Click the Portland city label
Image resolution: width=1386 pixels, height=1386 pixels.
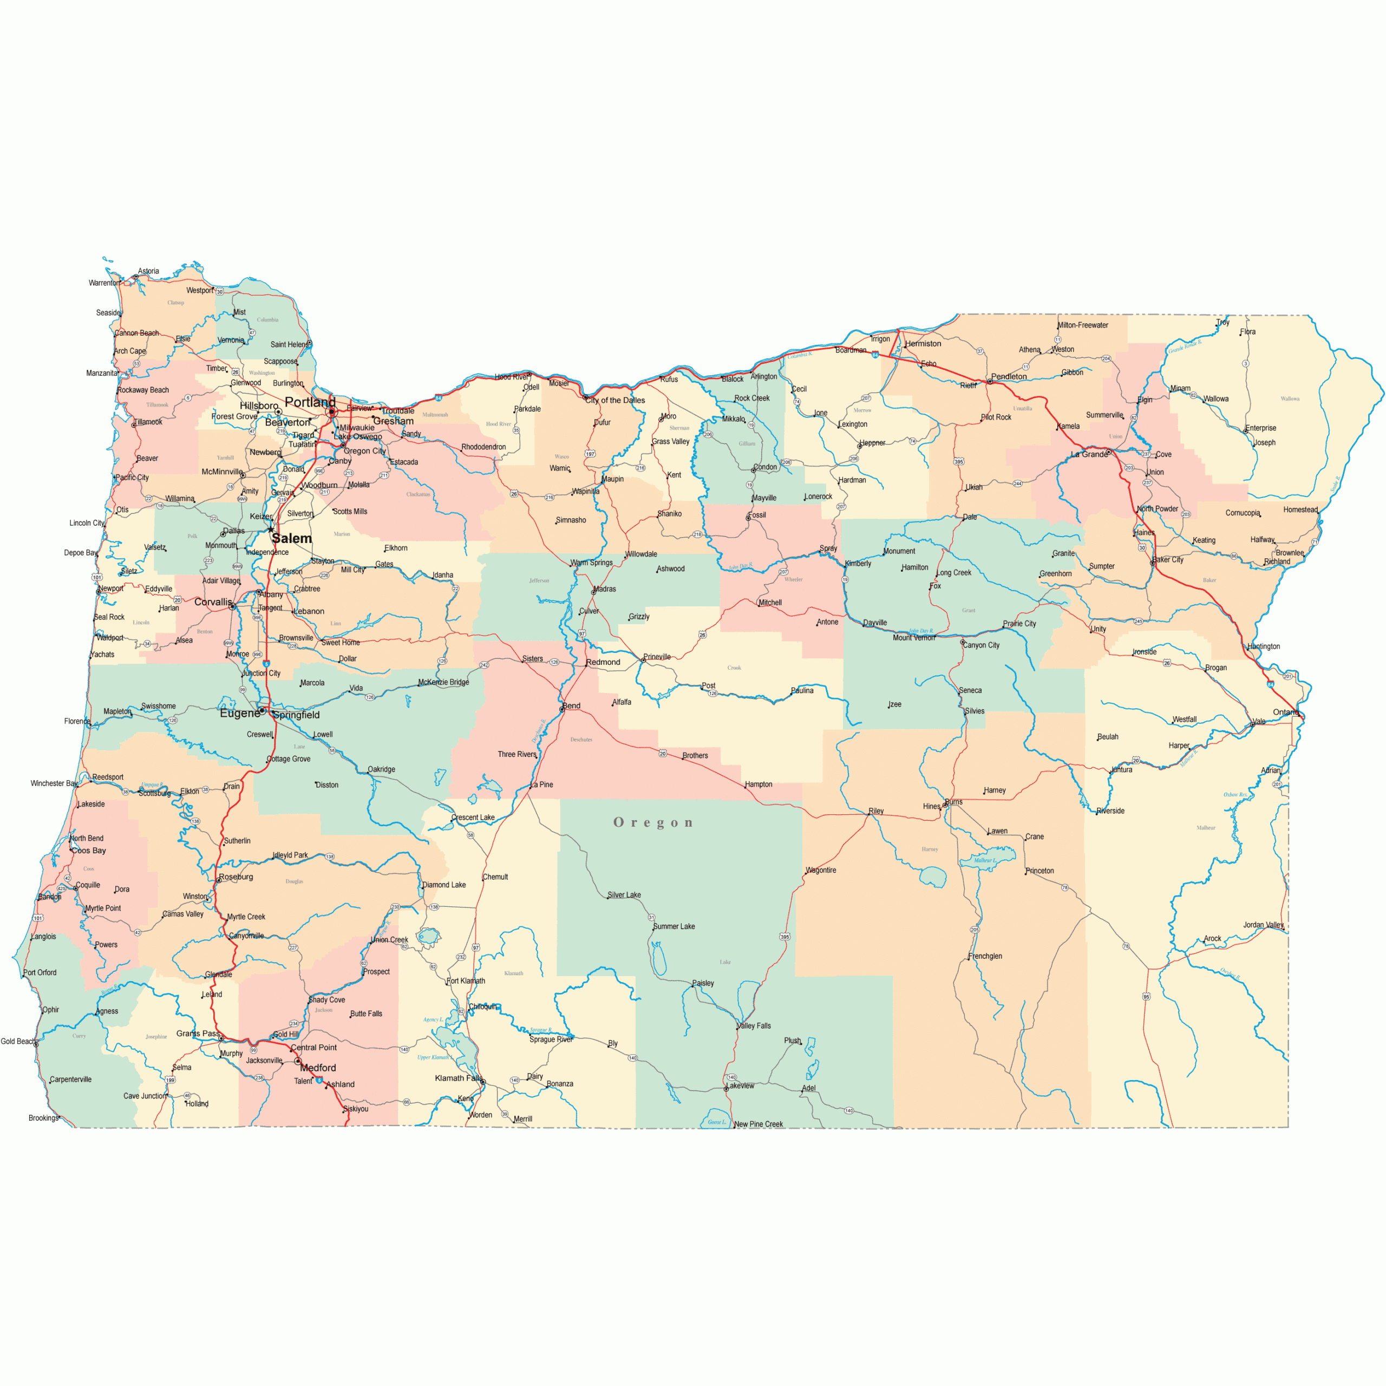(309, 402)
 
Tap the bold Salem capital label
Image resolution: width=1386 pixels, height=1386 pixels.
(292, 538)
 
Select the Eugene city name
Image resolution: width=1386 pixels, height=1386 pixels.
(240, 713)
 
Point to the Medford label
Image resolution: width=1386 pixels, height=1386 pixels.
(318, 1068)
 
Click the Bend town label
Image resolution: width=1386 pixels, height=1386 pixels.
(572, 706)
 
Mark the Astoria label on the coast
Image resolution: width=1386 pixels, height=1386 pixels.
(148, 271)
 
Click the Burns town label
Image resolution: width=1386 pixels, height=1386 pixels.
(954, 802)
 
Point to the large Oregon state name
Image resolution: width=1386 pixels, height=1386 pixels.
(653, 823)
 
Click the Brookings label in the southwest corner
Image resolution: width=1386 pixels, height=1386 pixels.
(43, 1117)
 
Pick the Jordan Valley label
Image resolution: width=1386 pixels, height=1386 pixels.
(1263, 925)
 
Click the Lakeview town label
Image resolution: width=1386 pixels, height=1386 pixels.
(741, 1086)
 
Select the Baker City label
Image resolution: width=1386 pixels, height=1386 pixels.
(1168, 560)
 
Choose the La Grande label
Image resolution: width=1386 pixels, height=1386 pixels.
(1089, 454)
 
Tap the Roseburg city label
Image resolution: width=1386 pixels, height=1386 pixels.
(236, 877)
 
